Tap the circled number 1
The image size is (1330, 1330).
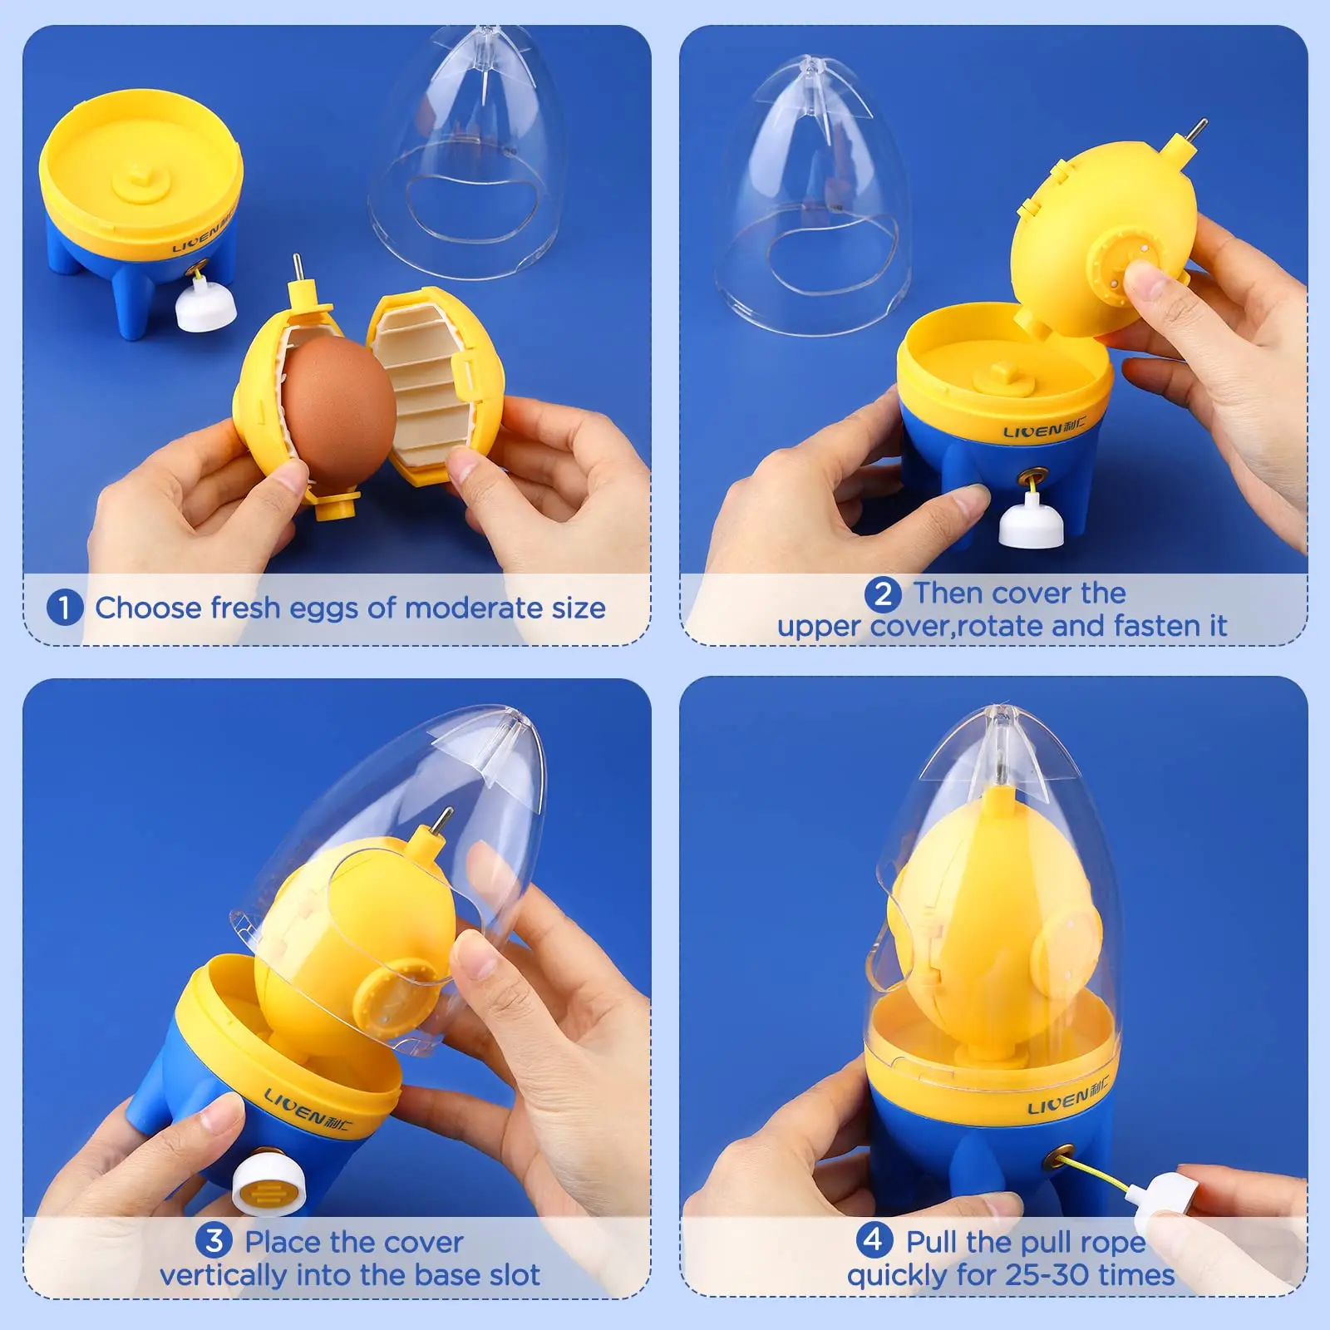pos(64,608)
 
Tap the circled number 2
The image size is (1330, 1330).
pos(883,594)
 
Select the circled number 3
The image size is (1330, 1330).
pos(214,1241)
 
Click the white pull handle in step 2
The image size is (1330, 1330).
pos(1032,523)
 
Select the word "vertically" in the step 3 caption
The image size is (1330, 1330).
pos(223,1275)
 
